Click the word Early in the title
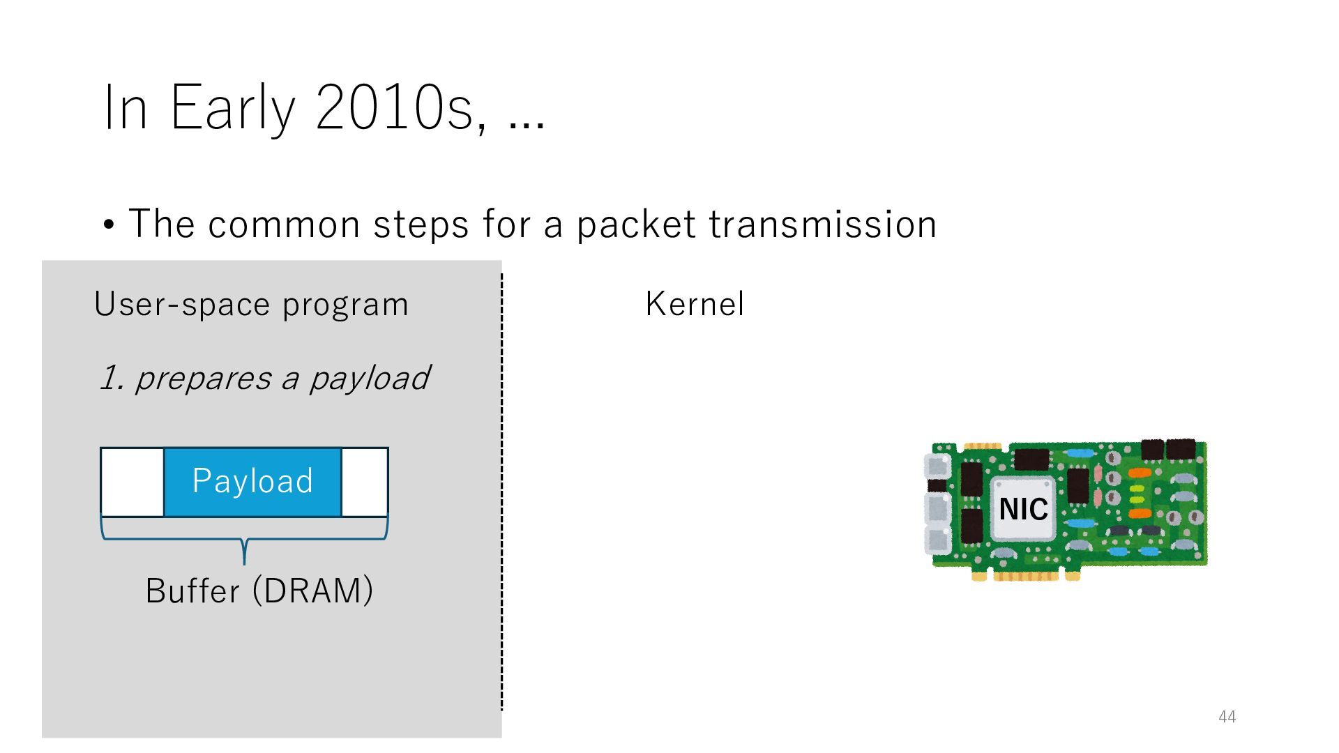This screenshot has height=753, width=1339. pyautogui.click(x=233, y=108)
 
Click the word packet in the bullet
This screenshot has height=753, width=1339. pyautogui.click(x=636, y=225)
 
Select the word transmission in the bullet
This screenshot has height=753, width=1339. pyautogui.click(x=823, y=225)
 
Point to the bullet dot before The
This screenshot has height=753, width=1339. pyautogui.click(x=108, y=226)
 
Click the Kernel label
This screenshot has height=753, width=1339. pyautogui.click(x=695, y=304)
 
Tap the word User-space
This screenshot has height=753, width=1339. pyautogui.click(x=182, y=304)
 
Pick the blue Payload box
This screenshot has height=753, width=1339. pyautogui.click(x=252, y=481)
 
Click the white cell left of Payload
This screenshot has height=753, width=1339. pyautogui.click(x=133, y=482)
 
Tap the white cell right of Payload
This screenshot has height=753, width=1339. pyautogui.click(x=365, y=482)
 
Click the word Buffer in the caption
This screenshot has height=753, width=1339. pyautogui.click(x=192, y=591)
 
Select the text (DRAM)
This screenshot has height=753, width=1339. pyautogui.click(x=312, y=591)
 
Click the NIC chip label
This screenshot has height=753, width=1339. pyautogui.click(x=1023, y=509)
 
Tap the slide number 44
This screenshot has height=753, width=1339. pyautogui.click(x=1227, y=717)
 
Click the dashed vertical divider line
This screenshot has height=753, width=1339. pyautogui.click(x=501, y=488)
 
